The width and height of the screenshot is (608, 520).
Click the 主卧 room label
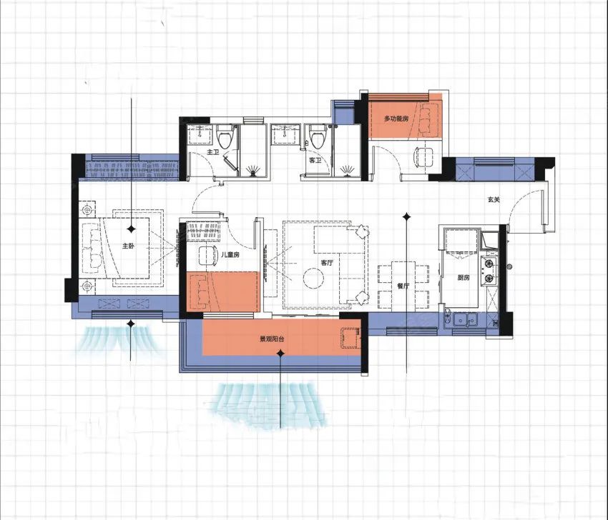coord(128,246)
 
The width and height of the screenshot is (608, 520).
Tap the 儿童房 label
coord(230,255)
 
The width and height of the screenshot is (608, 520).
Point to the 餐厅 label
coord(403,286)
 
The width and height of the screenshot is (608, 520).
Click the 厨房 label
coord(464,277)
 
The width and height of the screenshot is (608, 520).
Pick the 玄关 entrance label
coord(494,200)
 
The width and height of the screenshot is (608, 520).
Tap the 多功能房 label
coord(396,119)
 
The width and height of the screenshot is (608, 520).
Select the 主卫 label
coord(213,153)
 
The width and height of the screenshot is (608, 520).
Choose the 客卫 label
coord(315,160)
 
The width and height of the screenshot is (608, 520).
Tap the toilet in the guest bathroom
coord(318,136)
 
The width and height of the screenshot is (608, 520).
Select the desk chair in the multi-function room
coord(425,158)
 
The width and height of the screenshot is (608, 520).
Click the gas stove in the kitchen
coord(489,271)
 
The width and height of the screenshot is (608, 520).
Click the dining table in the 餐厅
coord(403,286)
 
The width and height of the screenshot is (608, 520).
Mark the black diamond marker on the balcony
coord(280,353)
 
